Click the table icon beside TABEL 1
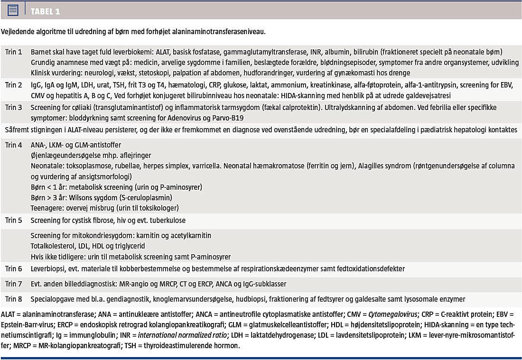[x=13, y=9]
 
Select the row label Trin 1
[x=14, y=52]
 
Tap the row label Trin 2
[x=14, y=85]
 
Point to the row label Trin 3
[x=14, y=108]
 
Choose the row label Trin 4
[x=14, y=145]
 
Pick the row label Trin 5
[x=14, y=220]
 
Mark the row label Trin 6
[x=14, y=268]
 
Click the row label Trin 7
[x=14, y=284]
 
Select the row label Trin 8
[x=14, y=299]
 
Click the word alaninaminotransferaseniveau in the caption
[x=219, y=32]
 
